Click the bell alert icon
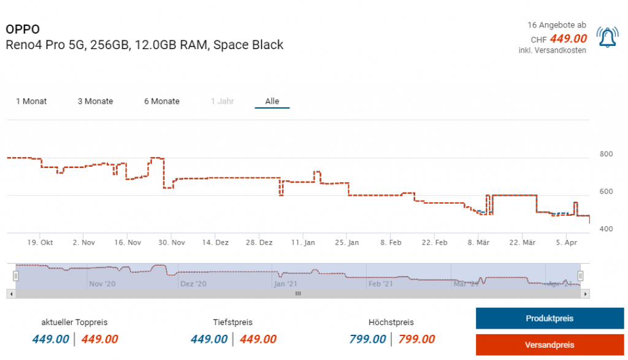click(607, 39)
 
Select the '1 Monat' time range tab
click(31, 101)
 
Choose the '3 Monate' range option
click(95, 101)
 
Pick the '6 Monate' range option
click(162, 101)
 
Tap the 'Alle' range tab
click(272, 101)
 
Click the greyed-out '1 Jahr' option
click(222, 101)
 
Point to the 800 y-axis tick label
click(606, 154)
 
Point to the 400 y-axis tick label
click(606, 229)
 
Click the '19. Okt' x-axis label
click(40, 243)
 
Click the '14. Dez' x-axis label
click(215, 243)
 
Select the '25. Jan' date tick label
click(347, 243)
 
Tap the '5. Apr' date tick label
click(567, 243)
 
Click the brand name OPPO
click(23, 29)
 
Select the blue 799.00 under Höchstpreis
click(367, 339)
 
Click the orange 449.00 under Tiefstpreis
click(258, 339)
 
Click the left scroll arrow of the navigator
click(10, 294)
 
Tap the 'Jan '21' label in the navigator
click(286, 284)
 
